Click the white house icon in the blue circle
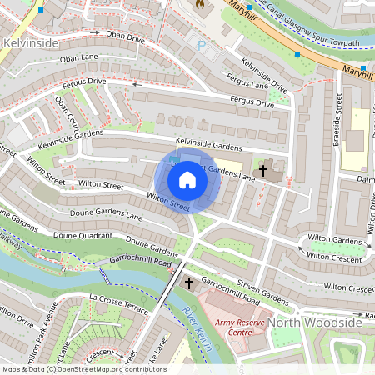187,179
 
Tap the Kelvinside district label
32,42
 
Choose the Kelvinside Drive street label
265,75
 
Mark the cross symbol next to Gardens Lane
263,171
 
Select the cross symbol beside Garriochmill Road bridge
188,283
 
